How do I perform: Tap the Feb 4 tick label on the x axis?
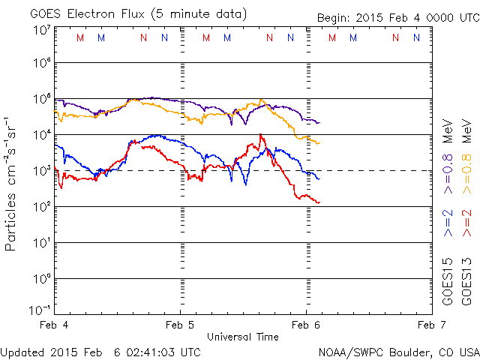[55, 325]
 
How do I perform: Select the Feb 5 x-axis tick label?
[180, 325]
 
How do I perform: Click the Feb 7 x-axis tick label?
[428, 325]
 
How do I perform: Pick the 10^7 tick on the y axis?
[40, 31]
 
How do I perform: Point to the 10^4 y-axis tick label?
[40, 134]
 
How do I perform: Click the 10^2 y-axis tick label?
[40, 206]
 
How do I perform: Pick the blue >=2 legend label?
[448, 224]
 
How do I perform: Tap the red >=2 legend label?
[466, 224]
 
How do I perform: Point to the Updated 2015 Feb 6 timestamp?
[100, 351]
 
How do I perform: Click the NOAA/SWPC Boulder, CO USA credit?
[398, 351]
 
